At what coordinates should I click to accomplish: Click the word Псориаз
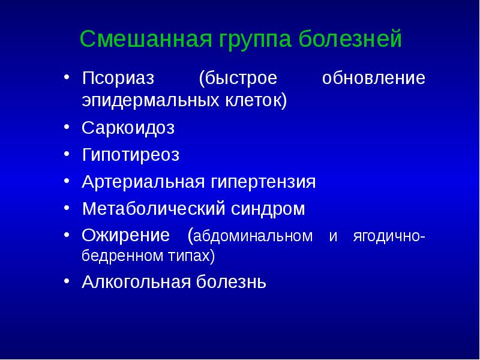click(x=118, y=79)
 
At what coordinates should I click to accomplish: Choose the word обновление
click(x=373, y=79)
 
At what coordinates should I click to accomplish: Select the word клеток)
click(x=254, y=100)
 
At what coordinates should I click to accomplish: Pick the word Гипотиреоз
click(x=130, y=155)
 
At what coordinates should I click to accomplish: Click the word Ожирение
click(x=125, y=235)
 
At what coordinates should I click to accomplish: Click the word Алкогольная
click(x=137, y=281)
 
